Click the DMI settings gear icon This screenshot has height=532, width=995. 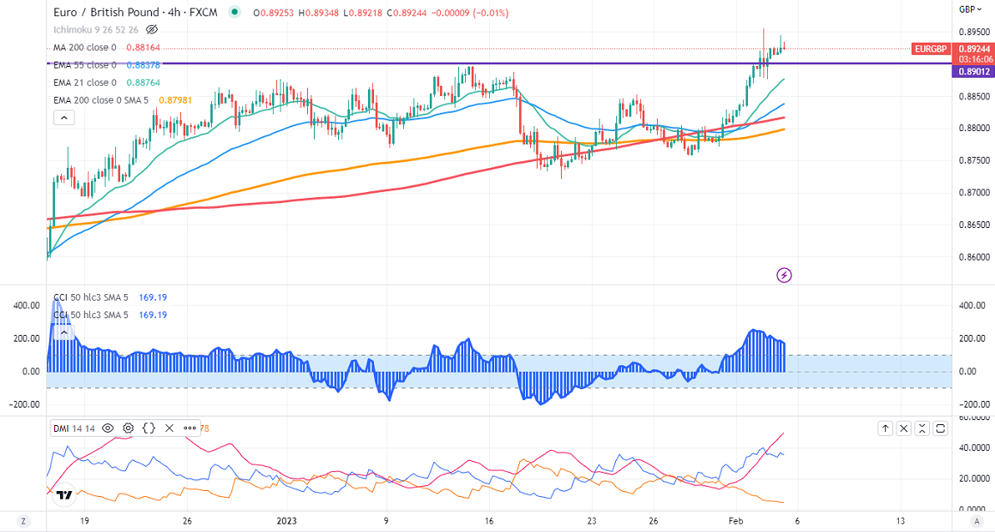pos(129,428)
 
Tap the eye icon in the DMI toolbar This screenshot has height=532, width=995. pos(108,428)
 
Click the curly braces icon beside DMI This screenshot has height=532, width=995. pos(149,428)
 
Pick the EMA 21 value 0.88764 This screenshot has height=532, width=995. pos(144,83)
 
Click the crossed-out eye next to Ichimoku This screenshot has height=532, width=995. pos(151,29)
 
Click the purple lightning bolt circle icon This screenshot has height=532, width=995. pos(784,274)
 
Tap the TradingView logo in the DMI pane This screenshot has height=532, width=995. pos(63,495)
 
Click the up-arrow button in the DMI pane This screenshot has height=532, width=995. pos(885,428)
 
